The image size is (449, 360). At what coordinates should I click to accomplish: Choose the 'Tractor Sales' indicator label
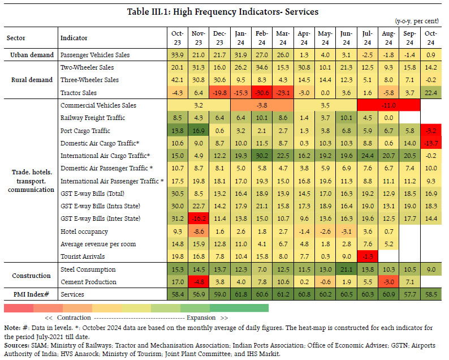(79, 93)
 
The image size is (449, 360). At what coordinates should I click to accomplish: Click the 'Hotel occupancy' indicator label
(83, 231)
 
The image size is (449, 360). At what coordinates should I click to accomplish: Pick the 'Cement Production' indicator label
(88, 281)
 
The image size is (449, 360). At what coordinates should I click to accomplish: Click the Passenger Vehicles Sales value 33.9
(177, 55)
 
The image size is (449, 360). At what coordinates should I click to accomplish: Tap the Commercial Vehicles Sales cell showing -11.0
(387, 105)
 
